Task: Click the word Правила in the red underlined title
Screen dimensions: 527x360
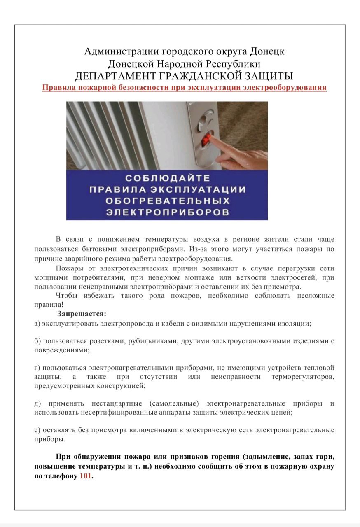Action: coord(58,88)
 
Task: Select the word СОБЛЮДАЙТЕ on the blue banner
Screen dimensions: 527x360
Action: coord(167,178)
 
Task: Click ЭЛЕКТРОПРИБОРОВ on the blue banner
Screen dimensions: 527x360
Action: coord(167,212)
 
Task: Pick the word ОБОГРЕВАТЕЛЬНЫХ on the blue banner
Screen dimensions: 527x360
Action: coord(167,201)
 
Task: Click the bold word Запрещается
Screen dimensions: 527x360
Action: coord(82,314)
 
